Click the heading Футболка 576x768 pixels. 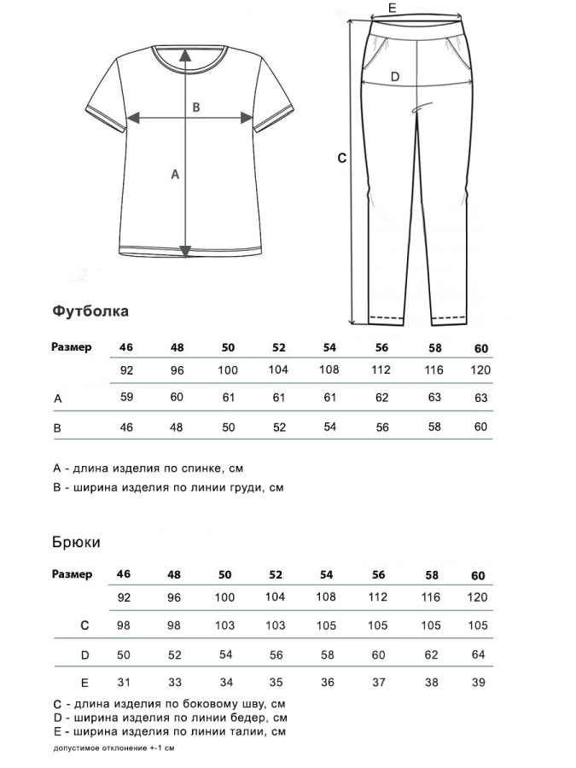coord(90,311)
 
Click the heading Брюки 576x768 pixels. coord(76,542)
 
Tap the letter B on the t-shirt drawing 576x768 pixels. coord(195,108)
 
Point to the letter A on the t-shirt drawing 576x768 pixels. coord(176,174)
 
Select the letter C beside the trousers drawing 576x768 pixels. coord(341,158)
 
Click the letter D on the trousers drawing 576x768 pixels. coord(394,77)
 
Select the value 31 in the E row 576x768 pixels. coord(125,682)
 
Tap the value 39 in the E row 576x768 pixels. coord(479,682)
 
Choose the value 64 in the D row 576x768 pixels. coord(479,655)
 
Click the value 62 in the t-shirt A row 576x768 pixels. coord(381,398)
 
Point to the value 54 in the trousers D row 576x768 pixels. coord(225,655)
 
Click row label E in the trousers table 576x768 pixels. coord(84,682)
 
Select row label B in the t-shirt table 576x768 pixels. coord(57,428)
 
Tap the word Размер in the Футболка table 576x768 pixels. coord(72,347)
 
